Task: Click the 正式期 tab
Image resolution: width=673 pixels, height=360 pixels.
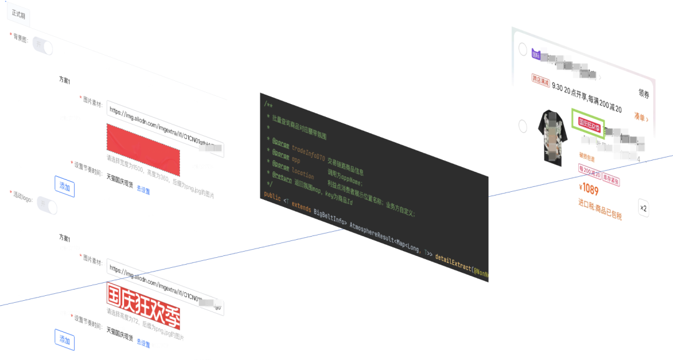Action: pyautogui.click(x=18, y=14)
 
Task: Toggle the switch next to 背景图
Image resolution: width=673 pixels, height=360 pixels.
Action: pyautogui.click(x=43, y=46)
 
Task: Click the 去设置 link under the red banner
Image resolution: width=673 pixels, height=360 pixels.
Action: pyautogui.click(x=143, y=191)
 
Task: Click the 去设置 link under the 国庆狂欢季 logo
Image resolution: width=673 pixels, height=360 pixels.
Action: pyautogui.click(x=143, y=343)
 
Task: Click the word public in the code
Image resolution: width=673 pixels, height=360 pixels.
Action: pyautogui.click(x=272, y=196)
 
